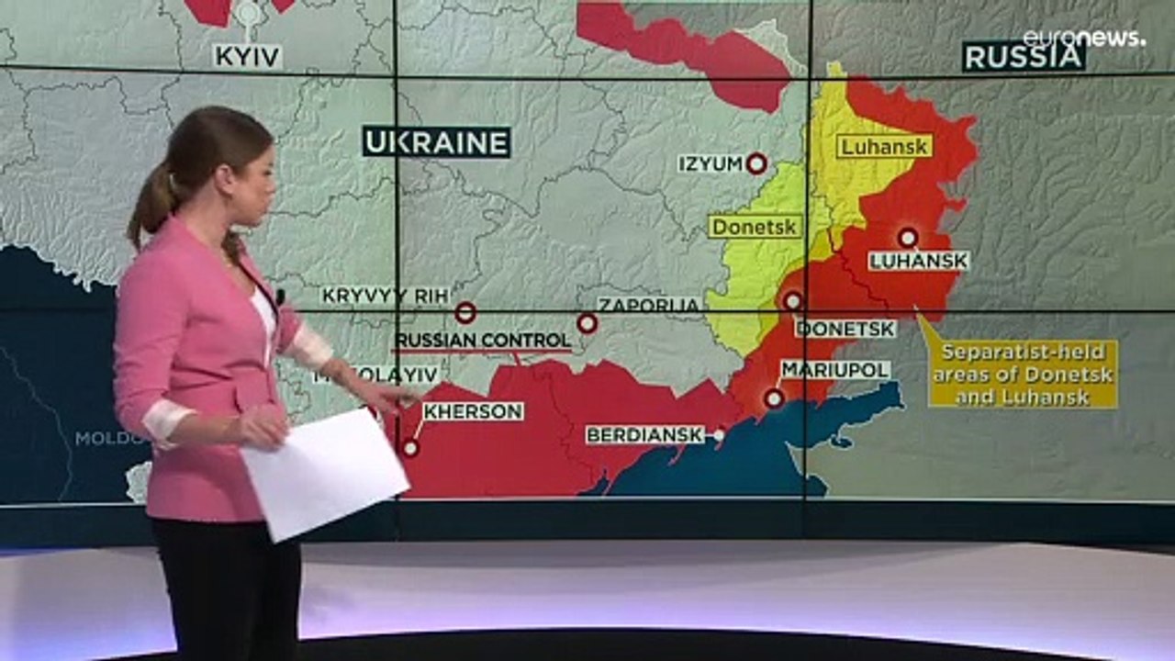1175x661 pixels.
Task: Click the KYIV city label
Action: (248, 57)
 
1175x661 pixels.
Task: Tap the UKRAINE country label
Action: (436, 142)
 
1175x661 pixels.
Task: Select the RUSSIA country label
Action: (1024, 57)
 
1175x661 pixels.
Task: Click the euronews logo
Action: (1083, 38)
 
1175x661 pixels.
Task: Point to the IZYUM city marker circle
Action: (756, 163)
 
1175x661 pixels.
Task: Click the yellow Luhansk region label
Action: (884, 146)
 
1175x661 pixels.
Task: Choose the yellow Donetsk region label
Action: (755, 226)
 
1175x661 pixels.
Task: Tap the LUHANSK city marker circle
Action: (908, 238)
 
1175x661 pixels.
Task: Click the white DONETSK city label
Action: (845, 328)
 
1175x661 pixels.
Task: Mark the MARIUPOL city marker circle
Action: (775, 398)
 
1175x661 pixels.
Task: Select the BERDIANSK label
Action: (645, 434)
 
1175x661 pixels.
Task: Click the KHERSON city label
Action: (474, 411)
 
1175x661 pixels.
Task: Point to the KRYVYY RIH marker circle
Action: (465, 313)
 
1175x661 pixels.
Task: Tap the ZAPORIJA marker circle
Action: (587, 323)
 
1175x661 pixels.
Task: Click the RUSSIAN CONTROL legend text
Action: (483, 341)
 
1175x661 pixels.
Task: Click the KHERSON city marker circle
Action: (411, 448)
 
